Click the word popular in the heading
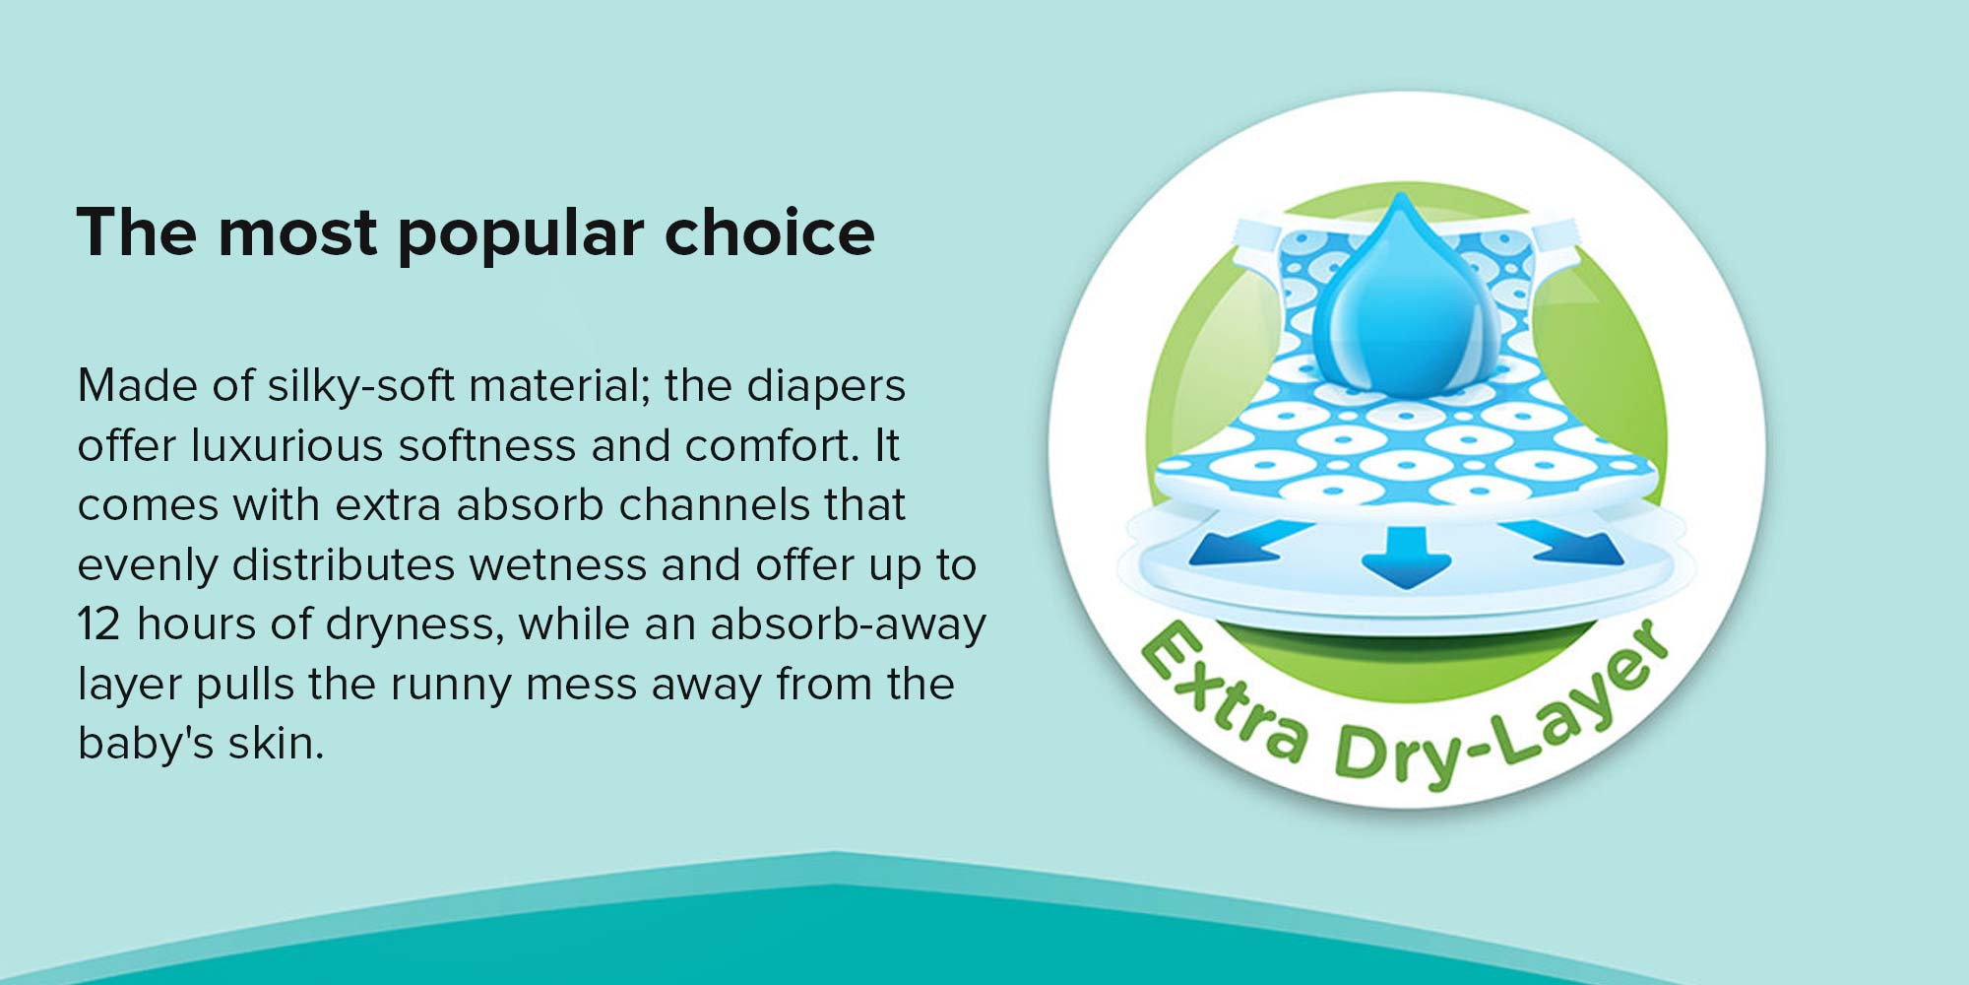(521, 234)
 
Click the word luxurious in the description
(286, 445)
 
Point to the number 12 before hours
(98, 624)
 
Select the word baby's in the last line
(146, 744)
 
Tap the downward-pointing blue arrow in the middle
(1406, 557)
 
